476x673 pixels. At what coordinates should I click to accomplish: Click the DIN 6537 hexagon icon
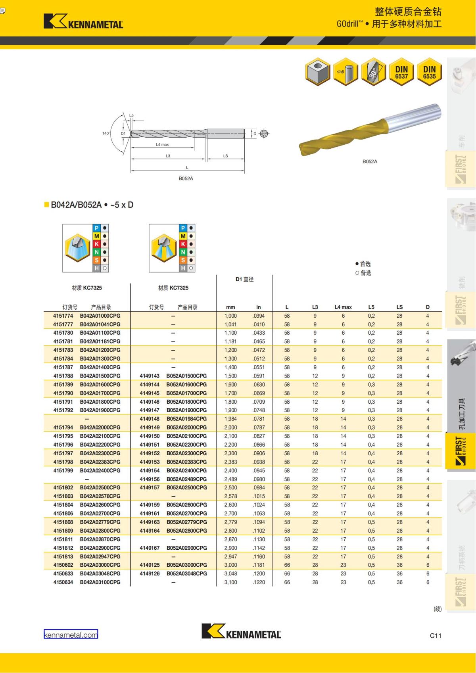pyautogui.click(x=401, y=72)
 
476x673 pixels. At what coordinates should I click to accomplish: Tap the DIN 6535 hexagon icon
pyautogui.click(x=429, y=72)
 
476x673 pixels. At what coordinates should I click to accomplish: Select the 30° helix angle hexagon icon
pyautogui.click(x=374, y=72)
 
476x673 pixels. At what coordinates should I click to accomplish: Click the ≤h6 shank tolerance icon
pyautogui.click(x=345, y=72)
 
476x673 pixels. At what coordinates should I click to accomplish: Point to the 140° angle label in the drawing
pyautogui.click(x=106, y=133)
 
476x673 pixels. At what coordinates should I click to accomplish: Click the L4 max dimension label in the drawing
pyautogui.click(x=162, y=145)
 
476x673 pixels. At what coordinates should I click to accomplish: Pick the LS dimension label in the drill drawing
pyautogui.click(x=225, y=156)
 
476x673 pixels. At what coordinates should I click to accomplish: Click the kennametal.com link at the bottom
pyautogui.click(x=71, y=635)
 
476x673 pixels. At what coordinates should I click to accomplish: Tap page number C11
pyautogui.click(x=435, y=635)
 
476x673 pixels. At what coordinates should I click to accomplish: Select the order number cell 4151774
pyautogui.click(x=63, y=316)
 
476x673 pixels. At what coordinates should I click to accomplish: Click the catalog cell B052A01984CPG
pyautogui.click(x=186, y=419)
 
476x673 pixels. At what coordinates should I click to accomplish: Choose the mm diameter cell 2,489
pyautogui.click(x=230, y=479)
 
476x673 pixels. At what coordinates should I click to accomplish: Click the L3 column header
pyautogui.click(x=315, y=307)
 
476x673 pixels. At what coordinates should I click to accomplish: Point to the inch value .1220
pyautogui.click(x=259, y=582)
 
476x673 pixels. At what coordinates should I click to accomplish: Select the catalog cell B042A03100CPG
pyautogui.click(x=100, y=582)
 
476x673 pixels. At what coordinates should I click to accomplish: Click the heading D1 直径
pyautogui.click(x=244, y=279)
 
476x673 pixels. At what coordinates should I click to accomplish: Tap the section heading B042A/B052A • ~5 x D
pyautogui.click(x=92, y=205)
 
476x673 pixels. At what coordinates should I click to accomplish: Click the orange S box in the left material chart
pyautogui.click(x=97, y=260)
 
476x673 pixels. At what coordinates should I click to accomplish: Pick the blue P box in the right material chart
pyautogui.click(x=183, y=228)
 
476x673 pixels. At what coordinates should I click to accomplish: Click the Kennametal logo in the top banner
pyautogui.click(x=84, y=21)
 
